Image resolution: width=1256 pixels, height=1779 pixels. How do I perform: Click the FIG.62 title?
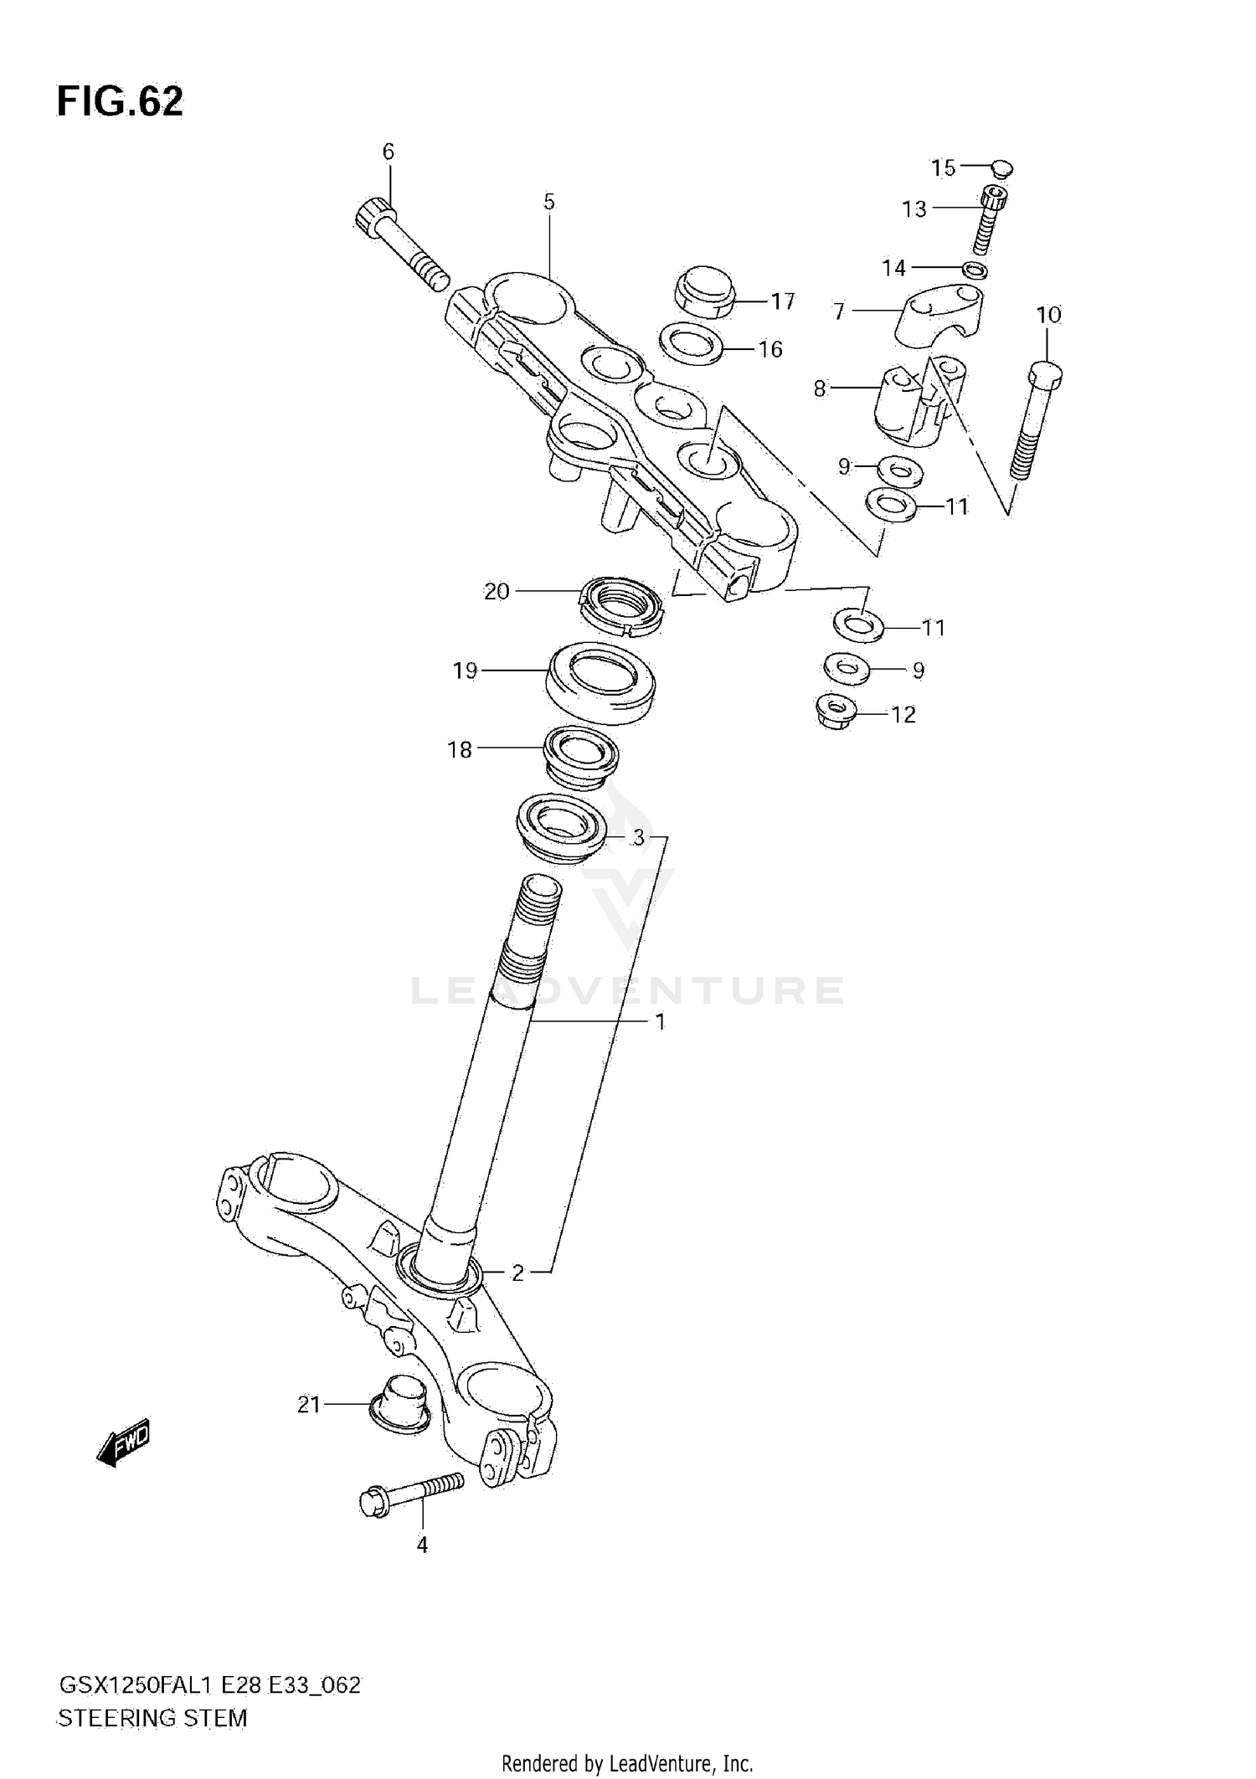(x=120, y=102)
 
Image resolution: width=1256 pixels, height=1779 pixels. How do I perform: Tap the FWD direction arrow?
(x=123, y=1442)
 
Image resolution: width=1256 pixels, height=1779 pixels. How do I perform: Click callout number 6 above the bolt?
(x=388, y=152)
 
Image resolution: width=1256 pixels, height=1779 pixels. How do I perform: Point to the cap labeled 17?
(x=704, y=291)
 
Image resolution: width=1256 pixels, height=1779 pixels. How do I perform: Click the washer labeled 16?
(x=692, y=344)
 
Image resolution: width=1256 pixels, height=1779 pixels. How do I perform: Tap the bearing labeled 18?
(x=580, y=756)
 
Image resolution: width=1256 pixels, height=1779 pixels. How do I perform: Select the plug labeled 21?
(x=399, y=1404)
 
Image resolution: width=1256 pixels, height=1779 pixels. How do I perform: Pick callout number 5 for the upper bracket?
(x=548, y=202)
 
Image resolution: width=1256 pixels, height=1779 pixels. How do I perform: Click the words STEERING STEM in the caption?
(x=152, y=1718)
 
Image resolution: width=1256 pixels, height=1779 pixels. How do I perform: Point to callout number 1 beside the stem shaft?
(x=660, y=1021)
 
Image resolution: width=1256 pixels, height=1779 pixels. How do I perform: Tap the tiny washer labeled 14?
(x=975, y=270)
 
